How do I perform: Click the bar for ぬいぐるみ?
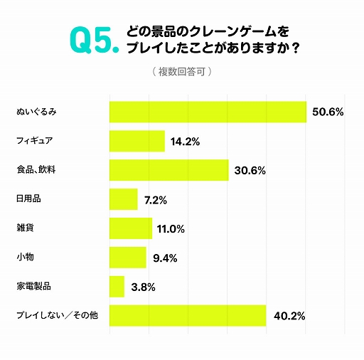pyautogui.click(x=208, y=112)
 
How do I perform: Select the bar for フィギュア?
pyautogui.click(x=136, y=141)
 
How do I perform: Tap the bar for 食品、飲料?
pyautogui.click(x=168, y=170)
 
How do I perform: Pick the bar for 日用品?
pyautogui.click(x=123, y=199)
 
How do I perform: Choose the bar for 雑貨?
pyautogui.click(x=130, y=228)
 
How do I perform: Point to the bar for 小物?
pyautogui.click(x=127, y=258)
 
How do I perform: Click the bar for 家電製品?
pyautogui.click(x=117, y=287)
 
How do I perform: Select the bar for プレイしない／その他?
pyautogui.click(x=188, y=316)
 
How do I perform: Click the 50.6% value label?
pyautogui.click(x=328, y=112)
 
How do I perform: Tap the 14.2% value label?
pyautogui.click(x=185, y=142)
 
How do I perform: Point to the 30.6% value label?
pyautogui.click(x=250, y=171)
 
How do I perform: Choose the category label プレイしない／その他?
pyautogui.click(x=57, y=316)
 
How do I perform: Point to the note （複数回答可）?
pyautogui.click(x=181, y=72)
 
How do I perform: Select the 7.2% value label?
pyautogui.click(x=155, y=200)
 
